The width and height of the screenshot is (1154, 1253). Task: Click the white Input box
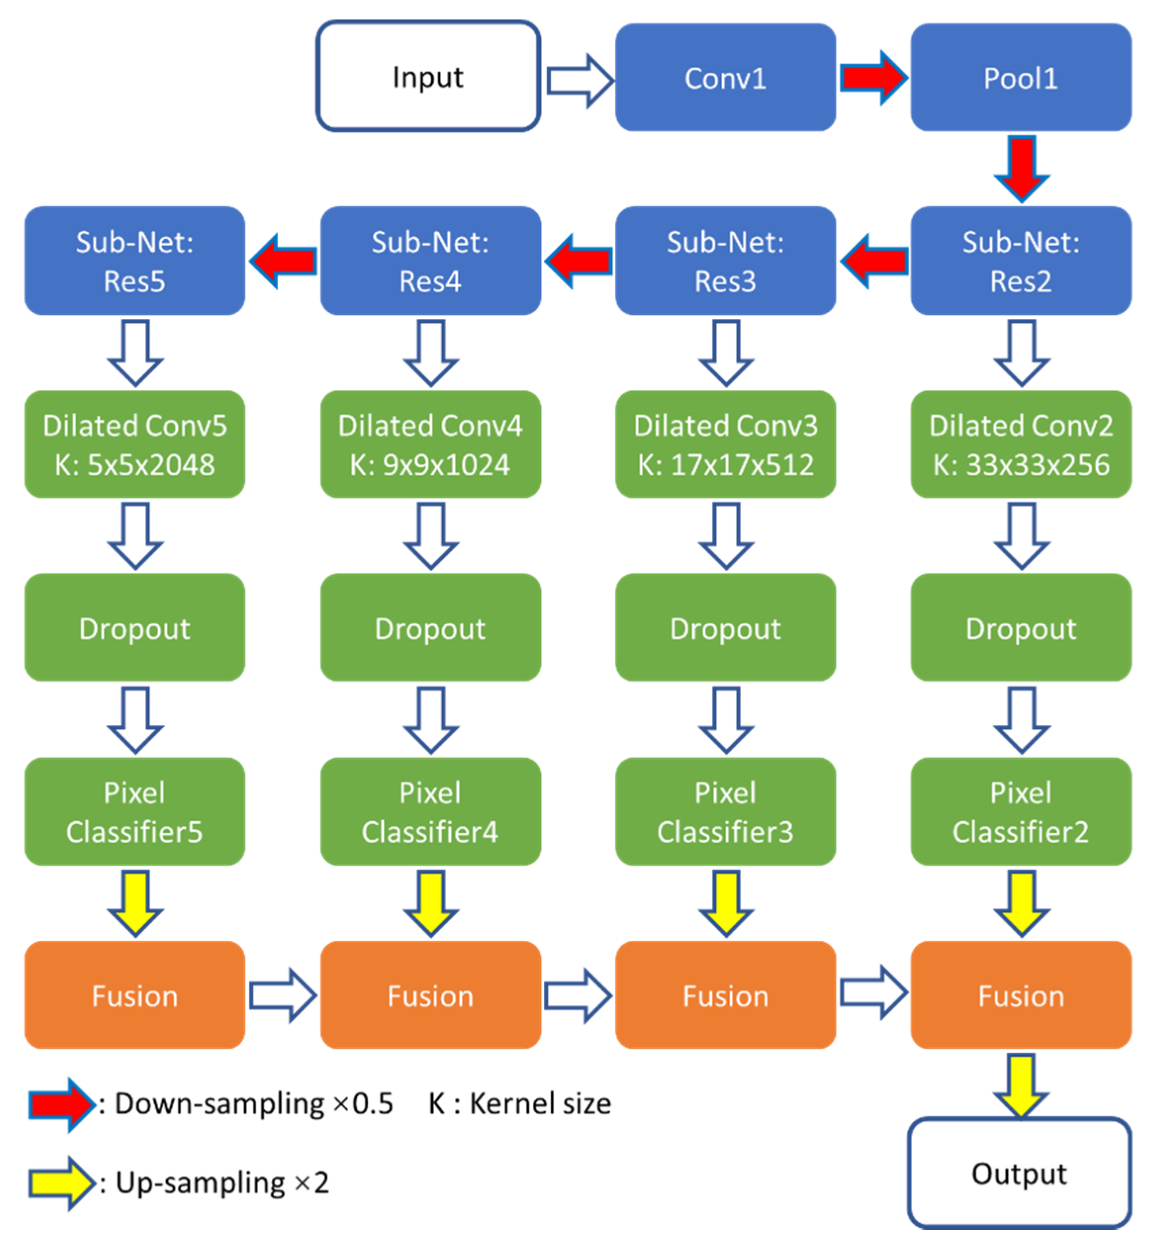pyautogui.click(x=428, y=76)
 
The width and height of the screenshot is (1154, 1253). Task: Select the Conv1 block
pyautogui.click(x=726, y=78)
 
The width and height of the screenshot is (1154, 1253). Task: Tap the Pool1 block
pyautogui.click(x=1021, y=78)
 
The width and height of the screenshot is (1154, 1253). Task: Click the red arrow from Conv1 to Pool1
pyautogui.click(x=873, y=78)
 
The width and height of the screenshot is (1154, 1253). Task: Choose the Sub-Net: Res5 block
pyautogui.click(x=135, y=261)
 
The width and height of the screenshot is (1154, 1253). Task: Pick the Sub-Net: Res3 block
pyautogui.click(x=726, y=261)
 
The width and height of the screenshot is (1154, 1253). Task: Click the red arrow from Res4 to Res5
pyautogui.click(x=283, y=261)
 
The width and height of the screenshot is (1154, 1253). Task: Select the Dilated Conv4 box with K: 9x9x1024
pyautogui.click(x=430, y=444)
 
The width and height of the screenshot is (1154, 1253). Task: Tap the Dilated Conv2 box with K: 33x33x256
pyautogui.click(x=1021, y=444)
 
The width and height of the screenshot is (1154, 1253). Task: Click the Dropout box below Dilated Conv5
pyautogui.click(x=135, y=627)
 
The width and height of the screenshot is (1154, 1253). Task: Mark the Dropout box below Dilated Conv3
pyautogui.click(x=726, y=627)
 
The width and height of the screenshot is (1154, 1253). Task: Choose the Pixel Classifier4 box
pyautogui.click(x=430, y=811)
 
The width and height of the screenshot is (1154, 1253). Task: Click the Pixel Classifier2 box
pyautogui.click(x=1021, y=811)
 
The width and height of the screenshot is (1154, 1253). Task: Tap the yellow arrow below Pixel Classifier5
pyautogui.click(x=135, y=903)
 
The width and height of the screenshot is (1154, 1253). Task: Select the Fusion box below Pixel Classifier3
pyautogui.click(x=726, y=994)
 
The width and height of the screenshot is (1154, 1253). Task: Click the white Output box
pyautogui.click(x=1020, y=1173)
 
